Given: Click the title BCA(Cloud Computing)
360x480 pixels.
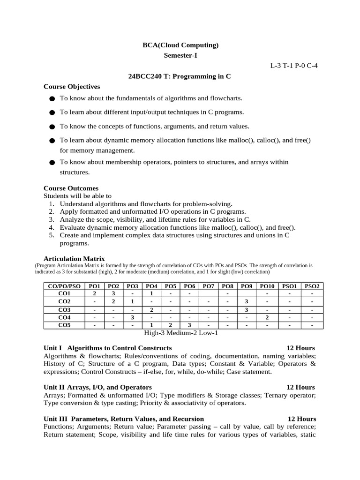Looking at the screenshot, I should (180, 45).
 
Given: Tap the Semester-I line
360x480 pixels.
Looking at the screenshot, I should (180, 55).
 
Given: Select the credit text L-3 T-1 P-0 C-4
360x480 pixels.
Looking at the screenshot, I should (294, 66).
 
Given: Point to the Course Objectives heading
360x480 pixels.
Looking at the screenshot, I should (72, 86).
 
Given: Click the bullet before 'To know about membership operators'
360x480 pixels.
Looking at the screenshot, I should (52, 163).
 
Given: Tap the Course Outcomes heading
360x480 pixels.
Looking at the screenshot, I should (71, 188).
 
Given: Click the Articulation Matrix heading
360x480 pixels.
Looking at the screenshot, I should (74, 259).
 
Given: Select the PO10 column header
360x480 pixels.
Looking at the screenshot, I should (267, 286).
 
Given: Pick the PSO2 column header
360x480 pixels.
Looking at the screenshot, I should (312, 286).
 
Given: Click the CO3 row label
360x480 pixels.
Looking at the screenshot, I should (64, 310).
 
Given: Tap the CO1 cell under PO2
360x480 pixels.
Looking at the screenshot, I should (113, 294).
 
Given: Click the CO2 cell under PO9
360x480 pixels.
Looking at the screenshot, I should (246, 301).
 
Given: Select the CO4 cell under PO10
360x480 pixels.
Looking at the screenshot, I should (267, 317).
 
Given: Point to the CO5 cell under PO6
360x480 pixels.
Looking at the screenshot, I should (189, 325).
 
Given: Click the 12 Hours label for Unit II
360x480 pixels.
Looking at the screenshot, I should (300, 387).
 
